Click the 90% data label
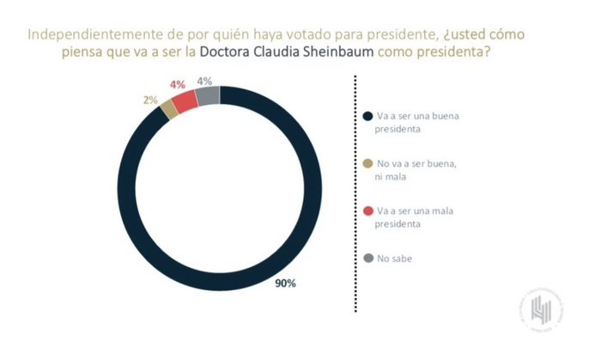[x=286, y=284]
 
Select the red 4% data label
[x=178, y=85]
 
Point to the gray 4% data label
[x=204, y=82]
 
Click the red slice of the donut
[x=185, y=99]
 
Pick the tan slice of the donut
[x=169, y=107]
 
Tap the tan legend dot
[x=367, y=162]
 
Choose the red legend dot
[x=367, y=210]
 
